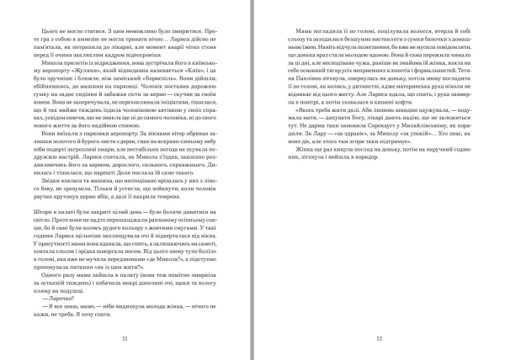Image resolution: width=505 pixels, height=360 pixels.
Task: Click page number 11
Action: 125,339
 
